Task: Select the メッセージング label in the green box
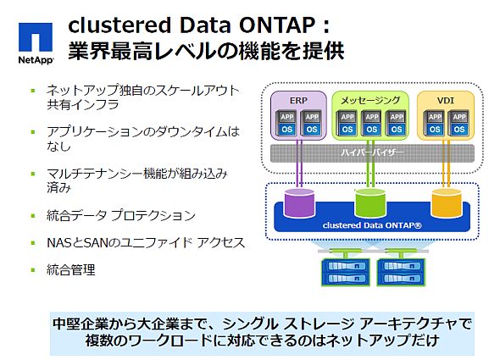pyautogui.click(x=370, y=101)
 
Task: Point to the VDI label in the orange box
pyautogui.click(x=444, y=101)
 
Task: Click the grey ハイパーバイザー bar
pyautogui.click(x=369, y=153)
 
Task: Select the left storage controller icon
pyautogui.click(x=339, y=269)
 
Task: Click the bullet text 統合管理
pyautogui.click(x=71, y=270)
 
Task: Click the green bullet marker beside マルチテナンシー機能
pyautogui.click(x=33, y=172)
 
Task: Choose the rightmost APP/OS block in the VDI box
pyautogui.click(x=456, y=123)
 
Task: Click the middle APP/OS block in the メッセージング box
pyautogui.click(x=369, y=123)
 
